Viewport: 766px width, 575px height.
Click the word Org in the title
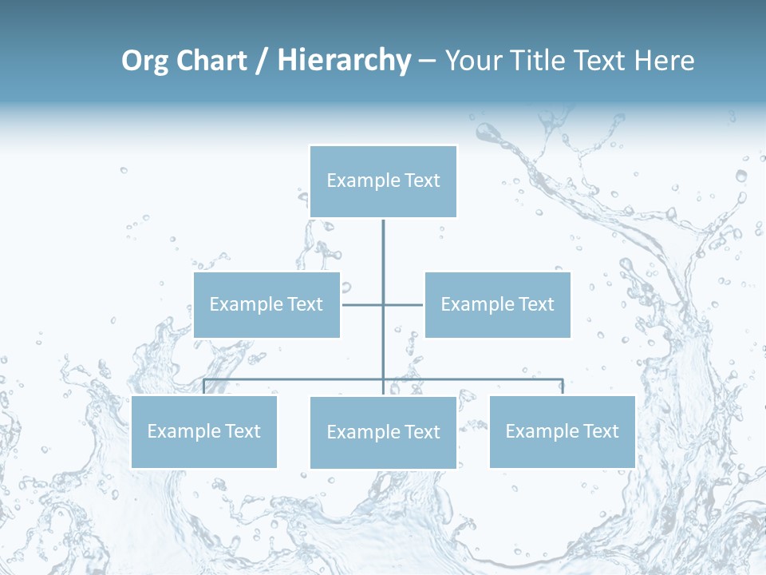click(x=144, y=61)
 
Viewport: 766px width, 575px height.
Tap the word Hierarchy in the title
click(x=344, y=61)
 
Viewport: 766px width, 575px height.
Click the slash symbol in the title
click(x=262, y=61)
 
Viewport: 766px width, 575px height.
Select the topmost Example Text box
click(x=383, y=181)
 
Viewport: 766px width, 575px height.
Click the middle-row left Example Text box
click(x=267, y=304)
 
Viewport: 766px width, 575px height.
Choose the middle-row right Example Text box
click(x=497, y=304)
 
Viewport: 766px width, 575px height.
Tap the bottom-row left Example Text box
click(x=203, y=432)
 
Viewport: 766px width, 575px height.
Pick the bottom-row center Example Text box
click(x=383, y=433)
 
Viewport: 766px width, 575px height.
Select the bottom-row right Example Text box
click(x=562, y=432)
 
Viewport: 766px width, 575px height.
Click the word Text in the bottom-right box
click(x=600, y=432)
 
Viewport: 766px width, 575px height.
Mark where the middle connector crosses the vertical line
click(x=383, y=304)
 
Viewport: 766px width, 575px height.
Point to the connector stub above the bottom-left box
click(x=204, y=387)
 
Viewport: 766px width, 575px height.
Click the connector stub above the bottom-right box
click(x=563, y=387)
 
